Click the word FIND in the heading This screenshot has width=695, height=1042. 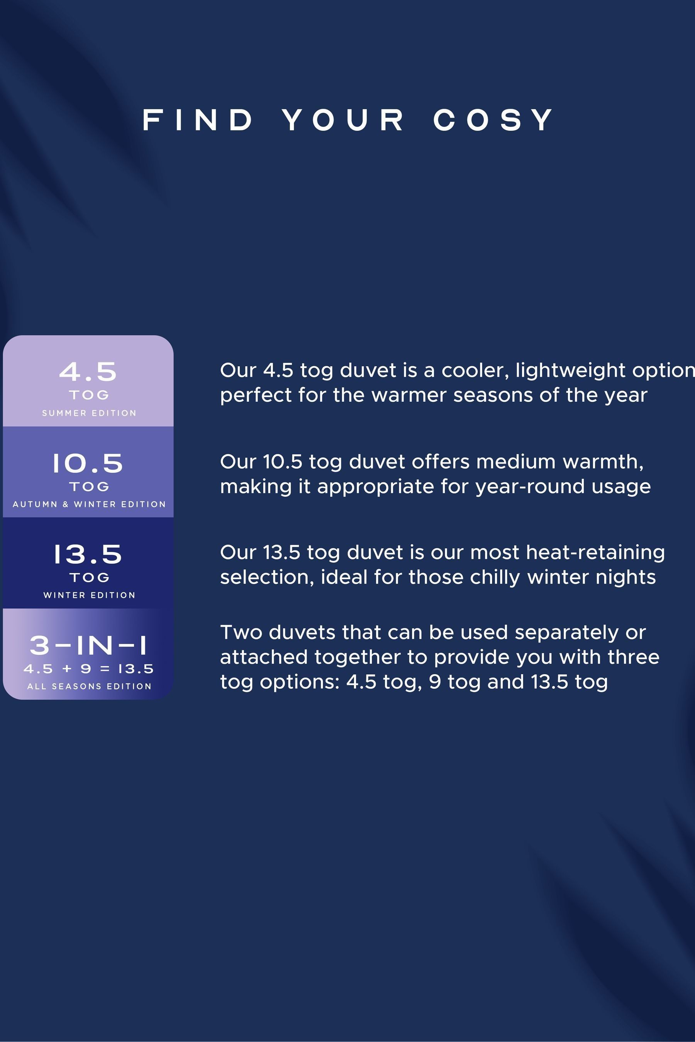coord(198,120)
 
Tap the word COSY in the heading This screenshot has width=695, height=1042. coord(493,120)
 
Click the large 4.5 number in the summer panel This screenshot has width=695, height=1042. coord(88,372)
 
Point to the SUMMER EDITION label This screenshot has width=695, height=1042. coord(89,413)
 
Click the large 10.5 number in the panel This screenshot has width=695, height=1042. coord(88,463)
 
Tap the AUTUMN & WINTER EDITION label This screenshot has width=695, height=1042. coord(89,504)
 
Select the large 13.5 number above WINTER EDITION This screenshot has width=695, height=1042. coord(88,554)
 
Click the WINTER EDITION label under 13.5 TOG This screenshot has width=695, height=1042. coord(89,595)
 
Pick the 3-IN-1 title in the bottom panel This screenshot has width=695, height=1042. coord(88,645)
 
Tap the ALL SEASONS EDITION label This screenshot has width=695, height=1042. coord(89,686)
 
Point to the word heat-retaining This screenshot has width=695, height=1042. coord(595,553)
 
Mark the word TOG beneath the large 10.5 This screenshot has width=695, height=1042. coord(89,486)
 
